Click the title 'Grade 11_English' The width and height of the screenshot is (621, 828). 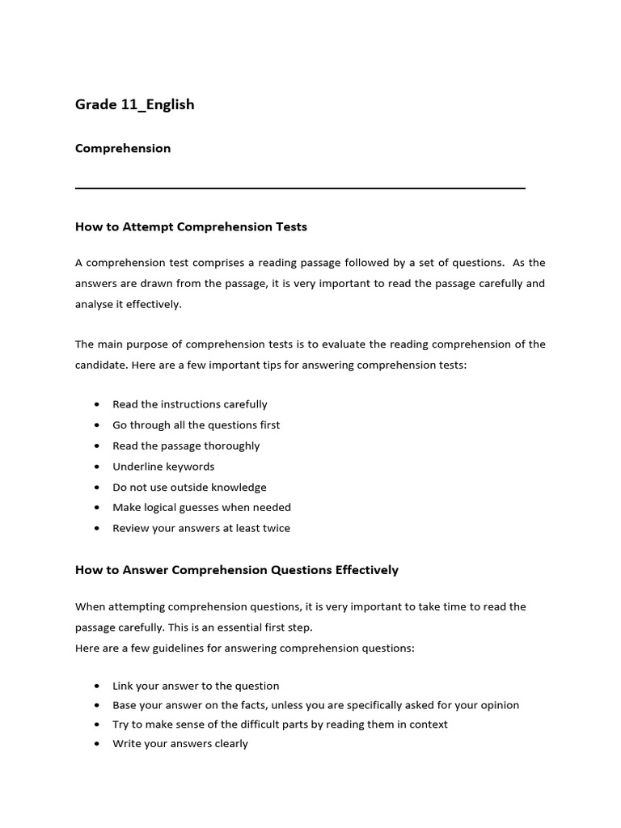point(134,104)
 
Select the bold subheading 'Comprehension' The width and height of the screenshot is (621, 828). point(123,148)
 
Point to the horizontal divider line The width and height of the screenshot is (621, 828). point(300,188)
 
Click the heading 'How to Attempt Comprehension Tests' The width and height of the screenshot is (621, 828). point(191,226)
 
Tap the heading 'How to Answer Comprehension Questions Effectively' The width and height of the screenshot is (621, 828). point(237,569)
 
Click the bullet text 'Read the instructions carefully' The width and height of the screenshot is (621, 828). point(190,404)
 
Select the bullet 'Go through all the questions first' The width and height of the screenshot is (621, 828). point(196,425)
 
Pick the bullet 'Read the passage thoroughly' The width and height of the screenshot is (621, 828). point(186,446)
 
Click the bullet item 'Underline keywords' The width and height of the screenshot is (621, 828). point(163,467)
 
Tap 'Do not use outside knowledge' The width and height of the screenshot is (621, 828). point(189,487)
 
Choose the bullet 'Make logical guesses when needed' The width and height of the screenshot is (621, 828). point(201,507)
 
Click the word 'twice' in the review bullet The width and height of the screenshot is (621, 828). point(275,528)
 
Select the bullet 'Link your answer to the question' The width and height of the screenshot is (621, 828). point(196,686)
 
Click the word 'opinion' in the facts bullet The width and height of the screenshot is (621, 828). point(499,705)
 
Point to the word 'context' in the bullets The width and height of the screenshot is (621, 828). point(426,724)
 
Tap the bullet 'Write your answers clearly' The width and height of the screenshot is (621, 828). point(180,744)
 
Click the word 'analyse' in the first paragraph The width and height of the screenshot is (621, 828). point(96,304)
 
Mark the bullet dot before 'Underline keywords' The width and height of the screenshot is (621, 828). point(98,467)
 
